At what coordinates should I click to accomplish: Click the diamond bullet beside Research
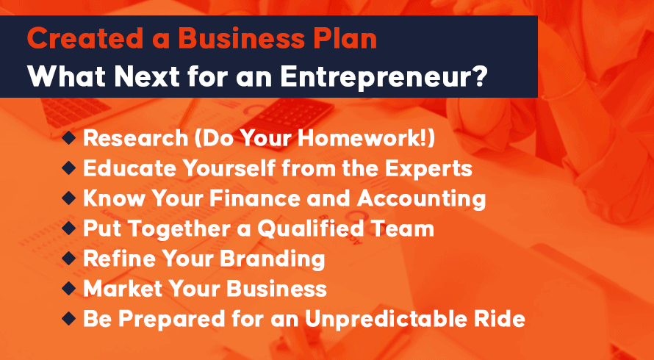[x=69, y=139]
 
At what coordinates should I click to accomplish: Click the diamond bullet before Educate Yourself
[x=69, y=168]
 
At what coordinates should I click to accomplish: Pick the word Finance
[x=254, y=198]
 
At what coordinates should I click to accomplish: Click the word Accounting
[x=421, y=199]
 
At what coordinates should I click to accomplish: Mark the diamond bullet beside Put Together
[x=69, y=228]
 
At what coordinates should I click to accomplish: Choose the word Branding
[x=273, y=259]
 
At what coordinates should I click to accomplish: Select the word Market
[x=120, y=289]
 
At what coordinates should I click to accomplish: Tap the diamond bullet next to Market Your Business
[x=69, y=288]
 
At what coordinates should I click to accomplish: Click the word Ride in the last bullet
[x=505, y=319]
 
